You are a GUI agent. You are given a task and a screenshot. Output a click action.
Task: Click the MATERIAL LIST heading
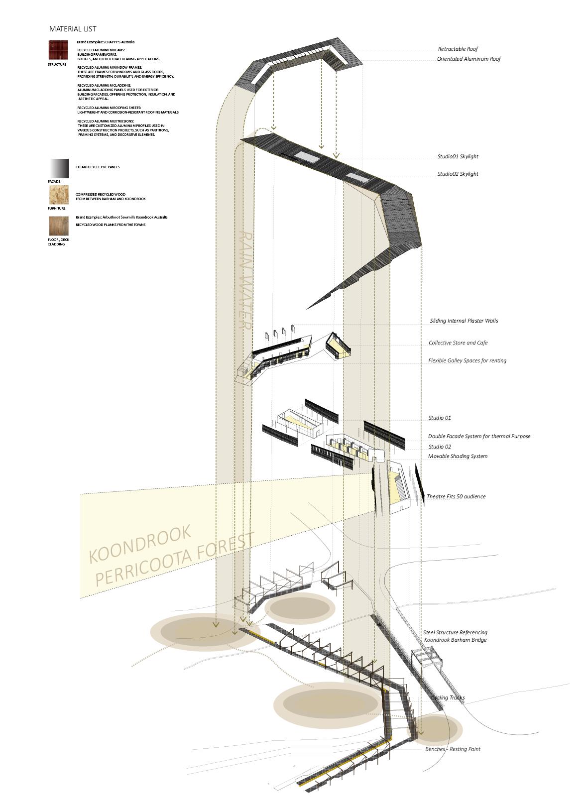73,29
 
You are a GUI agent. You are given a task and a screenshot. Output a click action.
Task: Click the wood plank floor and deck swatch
58,226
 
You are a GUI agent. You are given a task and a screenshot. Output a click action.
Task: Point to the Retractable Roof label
458,49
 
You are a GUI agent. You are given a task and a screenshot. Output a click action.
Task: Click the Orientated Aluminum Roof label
469,59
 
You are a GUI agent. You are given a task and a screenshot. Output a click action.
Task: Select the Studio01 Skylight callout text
458,157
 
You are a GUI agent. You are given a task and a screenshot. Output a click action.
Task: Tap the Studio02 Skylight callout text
458,174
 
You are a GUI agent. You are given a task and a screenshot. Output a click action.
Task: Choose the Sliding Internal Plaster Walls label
464,321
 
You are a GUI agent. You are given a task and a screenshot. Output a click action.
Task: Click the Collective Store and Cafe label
458,343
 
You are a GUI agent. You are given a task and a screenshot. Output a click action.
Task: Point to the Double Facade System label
479,437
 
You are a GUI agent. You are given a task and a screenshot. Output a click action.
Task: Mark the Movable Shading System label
458,457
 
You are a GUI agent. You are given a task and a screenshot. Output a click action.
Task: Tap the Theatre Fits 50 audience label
456,497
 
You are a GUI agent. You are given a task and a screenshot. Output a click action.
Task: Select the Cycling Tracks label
448,698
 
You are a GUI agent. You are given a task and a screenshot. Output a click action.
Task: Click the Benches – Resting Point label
453,749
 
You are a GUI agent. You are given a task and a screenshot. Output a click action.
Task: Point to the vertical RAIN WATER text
244,280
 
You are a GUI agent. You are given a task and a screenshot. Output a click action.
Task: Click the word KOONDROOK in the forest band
140,544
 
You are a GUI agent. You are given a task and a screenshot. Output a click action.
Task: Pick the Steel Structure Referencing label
455,633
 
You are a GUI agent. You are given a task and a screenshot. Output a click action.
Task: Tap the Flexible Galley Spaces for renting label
467,361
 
